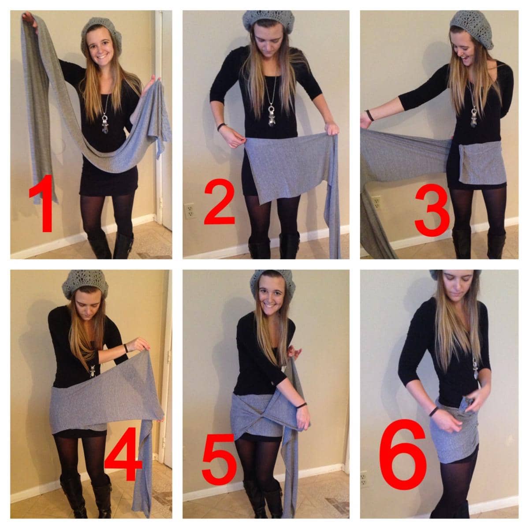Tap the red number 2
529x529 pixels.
coord(220,202)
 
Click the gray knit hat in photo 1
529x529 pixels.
coord(101,32)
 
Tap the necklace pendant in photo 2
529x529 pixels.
coord(272,115)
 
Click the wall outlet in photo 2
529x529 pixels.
coord(189,211)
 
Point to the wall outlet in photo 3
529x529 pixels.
coord(376,203)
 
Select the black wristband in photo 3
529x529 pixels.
coord(369,115)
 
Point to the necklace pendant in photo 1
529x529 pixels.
coord(105,123)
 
